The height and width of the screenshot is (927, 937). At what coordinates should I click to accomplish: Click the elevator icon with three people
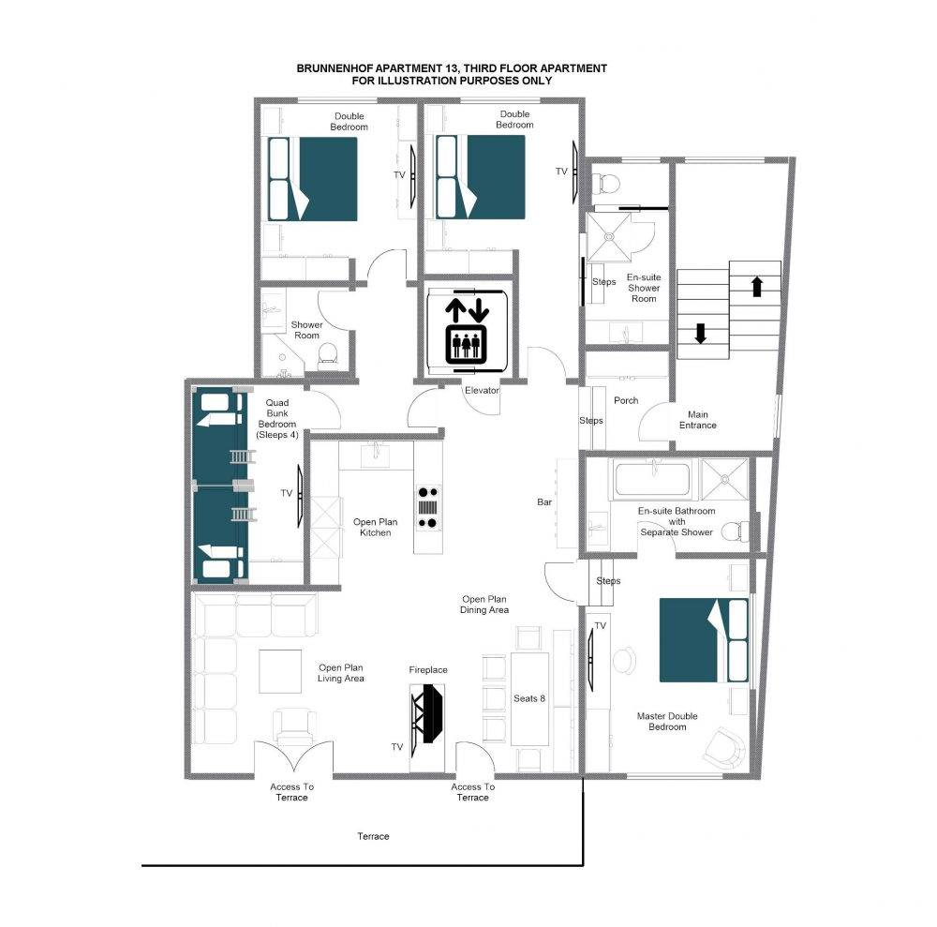[468, 344]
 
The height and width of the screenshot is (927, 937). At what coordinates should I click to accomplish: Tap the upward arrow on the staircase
[756, 286]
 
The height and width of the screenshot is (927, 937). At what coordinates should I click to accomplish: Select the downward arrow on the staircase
[700, 333]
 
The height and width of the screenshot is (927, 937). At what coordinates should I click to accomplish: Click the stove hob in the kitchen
[428, 508]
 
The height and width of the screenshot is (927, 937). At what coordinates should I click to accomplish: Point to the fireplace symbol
[428, 713]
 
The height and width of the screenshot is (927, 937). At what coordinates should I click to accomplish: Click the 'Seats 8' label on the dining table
[529, 698]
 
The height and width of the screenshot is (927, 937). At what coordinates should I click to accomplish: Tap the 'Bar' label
[544, 502]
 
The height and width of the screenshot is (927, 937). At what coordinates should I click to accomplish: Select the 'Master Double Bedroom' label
[667, 722]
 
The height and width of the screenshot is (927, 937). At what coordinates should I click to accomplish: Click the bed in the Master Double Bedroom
[704, 640]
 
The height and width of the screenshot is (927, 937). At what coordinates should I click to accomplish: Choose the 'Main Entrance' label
[697, 420]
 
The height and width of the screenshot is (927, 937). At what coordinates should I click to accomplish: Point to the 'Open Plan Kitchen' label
[376, 527]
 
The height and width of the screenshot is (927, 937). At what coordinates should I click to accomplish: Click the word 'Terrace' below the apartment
[373, 836]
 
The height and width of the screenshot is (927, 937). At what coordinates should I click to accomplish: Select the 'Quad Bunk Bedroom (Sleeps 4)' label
[277, 419]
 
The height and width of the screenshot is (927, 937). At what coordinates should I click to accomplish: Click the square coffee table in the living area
[280, 671]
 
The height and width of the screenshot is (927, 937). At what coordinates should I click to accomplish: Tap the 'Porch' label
[626, 400]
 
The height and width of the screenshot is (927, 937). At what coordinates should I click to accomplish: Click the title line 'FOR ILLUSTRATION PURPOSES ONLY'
[452, 81]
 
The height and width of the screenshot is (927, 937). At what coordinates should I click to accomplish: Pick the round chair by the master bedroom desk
[624, 661]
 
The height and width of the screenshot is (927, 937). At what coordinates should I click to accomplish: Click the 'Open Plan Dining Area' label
[484, 605]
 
